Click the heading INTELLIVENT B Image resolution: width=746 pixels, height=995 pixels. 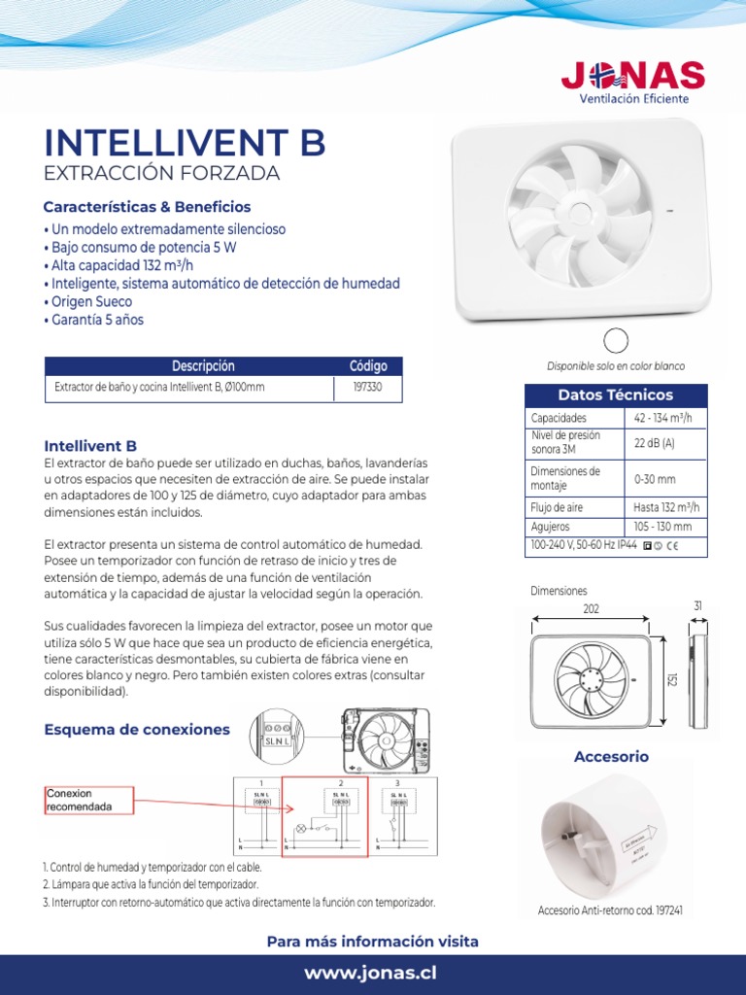(x=185, y=142)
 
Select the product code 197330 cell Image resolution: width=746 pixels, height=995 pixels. (x=368, y=387)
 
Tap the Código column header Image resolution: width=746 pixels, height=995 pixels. (x=368, y=366)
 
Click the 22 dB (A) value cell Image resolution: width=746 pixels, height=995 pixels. (x=655, y=443)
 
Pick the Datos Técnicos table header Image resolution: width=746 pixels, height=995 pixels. (x=616, y=395)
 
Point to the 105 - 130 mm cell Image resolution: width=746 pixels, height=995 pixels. (x=662, y=527)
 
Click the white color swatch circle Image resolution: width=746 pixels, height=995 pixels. (x=616, y=340)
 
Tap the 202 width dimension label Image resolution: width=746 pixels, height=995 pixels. (x=592, y=608)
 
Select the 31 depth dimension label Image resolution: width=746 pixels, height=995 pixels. (x=697, y=605)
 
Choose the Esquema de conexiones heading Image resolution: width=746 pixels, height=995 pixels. (x=137, y=729)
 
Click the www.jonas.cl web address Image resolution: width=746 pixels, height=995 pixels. (x=372, y=974)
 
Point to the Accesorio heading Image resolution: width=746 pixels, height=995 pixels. (x=611, y=756)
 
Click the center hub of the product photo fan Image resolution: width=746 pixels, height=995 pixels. (x=580, y=216)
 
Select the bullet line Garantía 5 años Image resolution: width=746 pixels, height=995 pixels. (x=94, y=320)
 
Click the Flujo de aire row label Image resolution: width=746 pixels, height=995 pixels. (x=559, y=507)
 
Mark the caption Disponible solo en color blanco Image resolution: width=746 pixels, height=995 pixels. (x=616, y=366)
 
